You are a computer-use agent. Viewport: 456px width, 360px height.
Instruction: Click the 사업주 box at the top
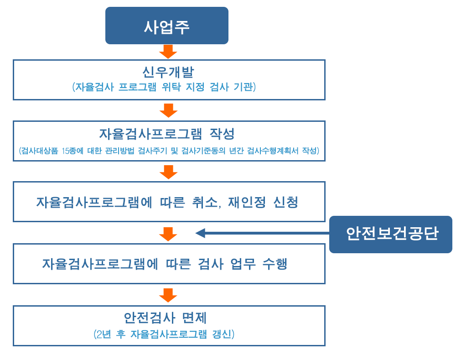pyautogui.click(x=166, y=26)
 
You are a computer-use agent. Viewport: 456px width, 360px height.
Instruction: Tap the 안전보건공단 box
pyautogui.click(x=391, y=234)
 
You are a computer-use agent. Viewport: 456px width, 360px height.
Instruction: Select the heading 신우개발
pyautogui.click(x=168, y=72)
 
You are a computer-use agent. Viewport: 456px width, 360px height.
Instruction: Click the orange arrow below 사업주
pyautogui.click(x=168, y=52)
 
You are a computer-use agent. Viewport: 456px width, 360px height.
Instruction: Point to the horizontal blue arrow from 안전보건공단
pyautogui.click(x=262, y=233)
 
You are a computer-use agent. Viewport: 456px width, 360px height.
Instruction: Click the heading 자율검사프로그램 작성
pyautogui.click(x=167, y=134)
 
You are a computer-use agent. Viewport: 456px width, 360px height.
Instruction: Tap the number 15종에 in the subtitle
pyautogui.click(x=73, y=151)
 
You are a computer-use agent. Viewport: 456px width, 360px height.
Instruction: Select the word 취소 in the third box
pyautogui.click(x=205, y=202)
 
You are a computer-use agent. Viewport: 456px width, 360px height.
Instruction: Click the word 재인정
pyautogui.click(x=247, y=202)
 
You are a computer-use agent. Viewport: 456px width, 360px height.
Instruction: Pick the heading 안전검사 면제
pyautogui.click(x=165, y=318)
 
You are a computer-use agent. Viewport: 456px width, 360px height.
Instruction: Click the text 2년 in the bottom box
pyautogui.click(x=104, y=334)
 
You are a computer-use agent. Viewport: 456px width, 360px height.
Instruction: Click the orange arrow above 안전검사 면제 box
pyautogui.click(x=168, y=295)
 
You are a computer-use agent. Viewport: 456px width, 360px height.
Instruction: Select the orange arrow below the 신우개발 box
pyautogui.click(x=168, y=110)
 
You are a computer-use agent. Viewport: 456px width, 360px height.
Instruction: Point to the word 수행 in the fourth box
pyautogui.click(x=275, y=264)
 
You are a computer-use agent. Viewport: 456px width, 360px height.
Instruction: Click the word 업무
pyautogui.click(x=243, y=264)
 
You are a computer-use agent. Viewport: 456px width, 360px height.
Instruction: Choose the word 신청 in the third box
pyautogui.click(x=286, y=202)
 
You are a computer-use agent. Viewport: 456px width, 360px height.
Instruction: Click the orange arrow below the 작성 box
pyautogui.click(x=168, y=172)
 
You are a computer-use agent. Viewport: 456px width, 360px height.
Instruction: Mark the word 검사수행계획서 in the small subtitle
pyautogui.click(x=273, y=151)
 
